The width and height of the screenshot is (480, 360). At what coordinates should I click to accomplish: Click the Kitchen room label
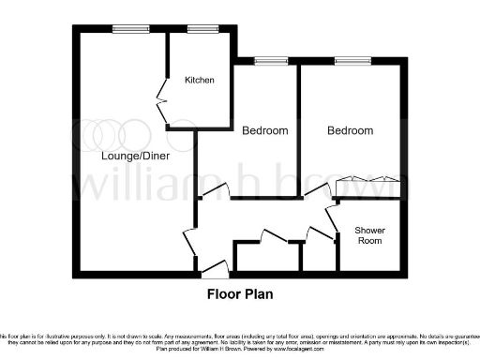tap(200, 81)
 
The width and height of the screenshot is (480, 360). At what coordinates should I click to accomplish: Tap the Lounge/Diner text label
tap(136, 157)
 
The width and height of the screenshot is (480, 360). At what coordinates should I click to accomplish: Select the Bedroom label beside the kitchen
tap(264, 130)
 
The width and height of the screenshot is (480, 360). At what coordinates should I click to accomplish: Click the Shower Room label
tap(368, 235)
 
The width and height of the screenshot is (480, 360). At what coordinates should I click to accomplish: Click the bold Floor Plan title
tap(240, 292)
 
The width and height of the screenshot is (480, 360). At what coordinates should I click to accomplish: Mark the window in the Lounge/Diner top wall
tap(125, 29)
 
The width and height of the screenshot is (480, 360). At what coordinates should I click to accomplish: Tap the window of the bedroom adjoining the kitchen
tap(270, 62)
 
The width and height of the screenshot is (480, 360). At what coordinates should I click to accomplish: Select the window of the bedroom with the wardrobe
tap(352, 62)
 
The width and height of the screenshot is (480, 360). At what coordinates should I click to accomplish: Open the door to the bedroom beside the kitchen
tap(215, 192)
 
